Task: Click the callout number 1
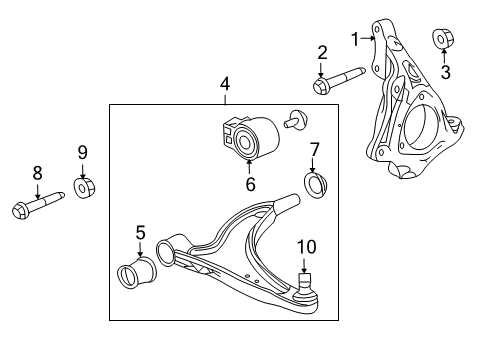354,38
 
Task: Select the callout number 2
322,53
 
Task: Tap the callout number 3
446,71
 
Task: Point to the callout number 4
226,85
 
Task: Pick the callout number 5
140,233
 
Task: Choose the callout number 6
250,183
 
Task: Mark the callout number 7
314,151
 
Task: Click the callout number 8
38,172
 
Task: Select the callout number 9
84,152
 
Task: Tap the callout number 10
305,246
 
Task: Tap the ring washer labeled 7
317,186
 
